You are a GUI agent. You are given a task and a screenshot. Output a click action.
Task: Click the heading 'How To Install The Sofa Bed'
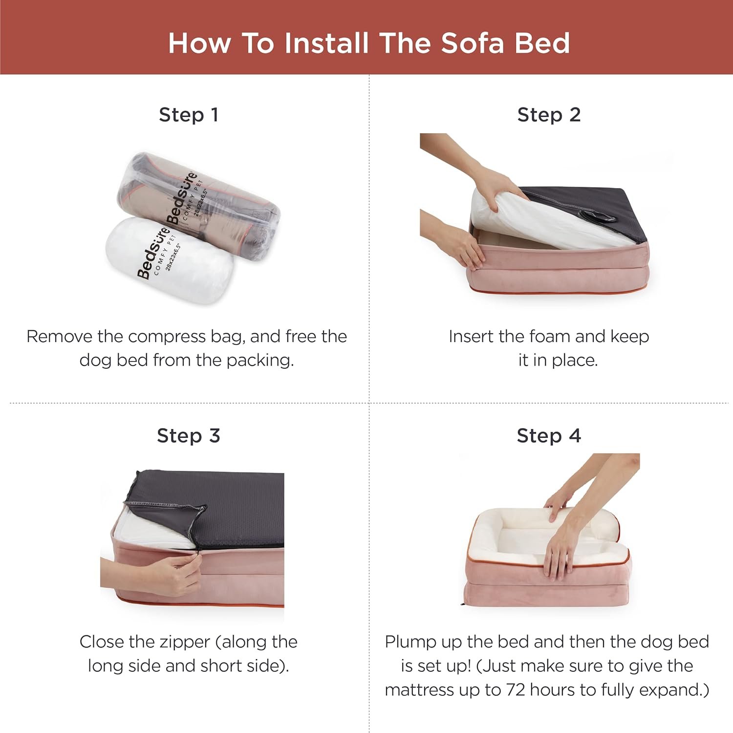point(369,43)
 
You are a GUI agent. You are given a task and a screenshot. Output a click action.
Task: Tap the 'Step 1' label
point(189,115)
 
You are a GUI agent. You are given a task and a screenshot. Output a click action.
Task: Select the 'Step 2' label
point(549,115)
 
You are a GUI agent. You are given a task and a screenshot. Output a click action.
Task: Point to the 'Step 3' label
point(189,435)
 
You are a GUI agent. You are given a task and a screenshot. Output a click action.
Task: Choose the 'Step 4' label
point(549,435)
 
